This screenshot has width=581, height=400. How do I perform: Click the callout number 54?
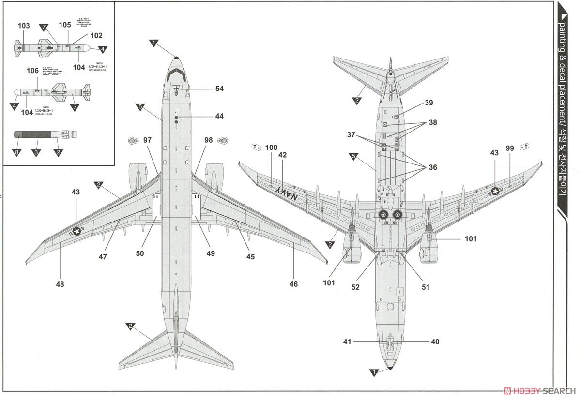tap(220, 89)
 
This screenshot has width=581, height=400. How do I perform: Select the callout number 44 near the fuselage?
tap(220, 116)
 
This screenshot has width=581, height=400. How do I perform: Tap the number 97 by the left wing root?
tap(148, 140)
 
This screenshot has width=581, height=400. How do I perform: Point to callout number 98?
tap(208, 140)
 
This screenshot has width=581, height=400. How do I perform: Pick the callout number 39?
tap(428, 103)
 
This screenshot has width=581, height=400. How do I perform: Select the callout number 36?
tap(432, 167)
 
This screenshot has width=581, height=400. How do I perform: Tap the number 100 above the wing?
tap(272, 148)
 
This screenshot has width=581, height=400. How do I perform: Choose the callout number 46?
tap(293, 284)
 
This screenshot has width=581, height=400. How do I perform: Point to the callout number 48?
tap(60, 284)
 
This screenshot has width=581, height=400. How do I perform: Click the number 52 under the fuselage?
tap(356, 287)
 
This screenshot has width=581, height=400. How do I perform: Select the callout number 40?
tap(435, 341)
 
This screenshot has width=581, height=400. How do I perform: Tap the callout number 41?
tap(347, 341)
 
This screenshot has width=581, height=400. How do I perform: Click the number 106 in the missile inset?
tap(32, 71)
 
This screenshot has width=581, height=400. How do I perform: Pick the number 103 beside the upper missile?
tap(23, 26)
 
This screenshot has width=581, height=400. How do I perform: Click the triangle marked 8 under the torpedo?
tap(17, 153)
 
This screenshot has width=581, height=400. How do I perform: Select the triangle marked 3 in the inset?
tap(35, 153)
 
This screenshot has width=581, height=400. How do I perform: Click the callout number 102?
tap(96, 35)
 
